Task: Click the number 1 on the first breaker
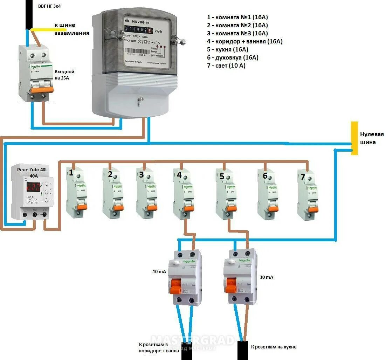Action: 71,172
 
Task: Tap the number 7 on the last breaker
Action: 303,176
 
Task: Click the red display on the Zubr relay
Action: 33,186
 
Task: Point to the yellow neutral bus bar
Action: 354,138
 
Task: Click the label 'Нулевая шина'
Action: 372,138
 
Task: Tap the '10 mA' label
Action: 159,272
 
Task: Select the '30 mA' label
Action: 267,277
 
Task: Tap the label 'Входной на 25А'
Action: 64,75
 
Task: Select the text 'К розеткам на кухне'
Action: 274,347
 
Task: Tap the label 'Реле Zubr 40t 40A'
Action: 32,173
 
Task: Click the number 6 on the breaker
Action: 265,176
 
